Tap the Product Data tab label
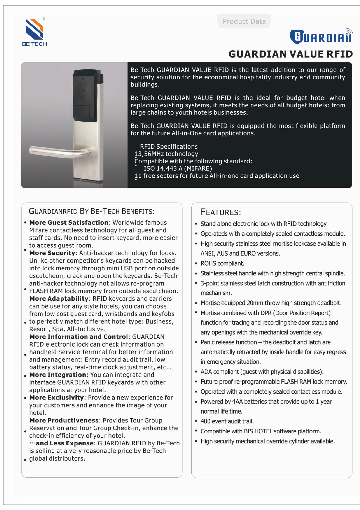point(244,21)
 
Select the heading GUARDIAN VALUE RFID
point(291,54)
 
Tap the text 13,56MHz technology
point(166,154)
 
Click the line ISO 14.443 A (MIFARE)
point(178,169)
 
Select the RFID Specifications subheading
point(169,146)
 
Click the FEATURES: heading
point(221,212)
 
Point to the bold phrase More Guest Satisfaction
point(69,223)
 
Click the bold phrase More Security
point(52,253)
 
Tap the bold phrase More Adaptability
point(59,299)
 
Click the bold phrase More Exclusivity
point(57,398)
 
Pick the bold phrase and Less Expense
point(65,443)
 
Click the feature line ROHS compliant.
point(222,264)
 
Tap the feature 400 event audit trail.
point(227,421)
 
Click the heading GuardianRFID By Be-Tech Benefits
point(92,211)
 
